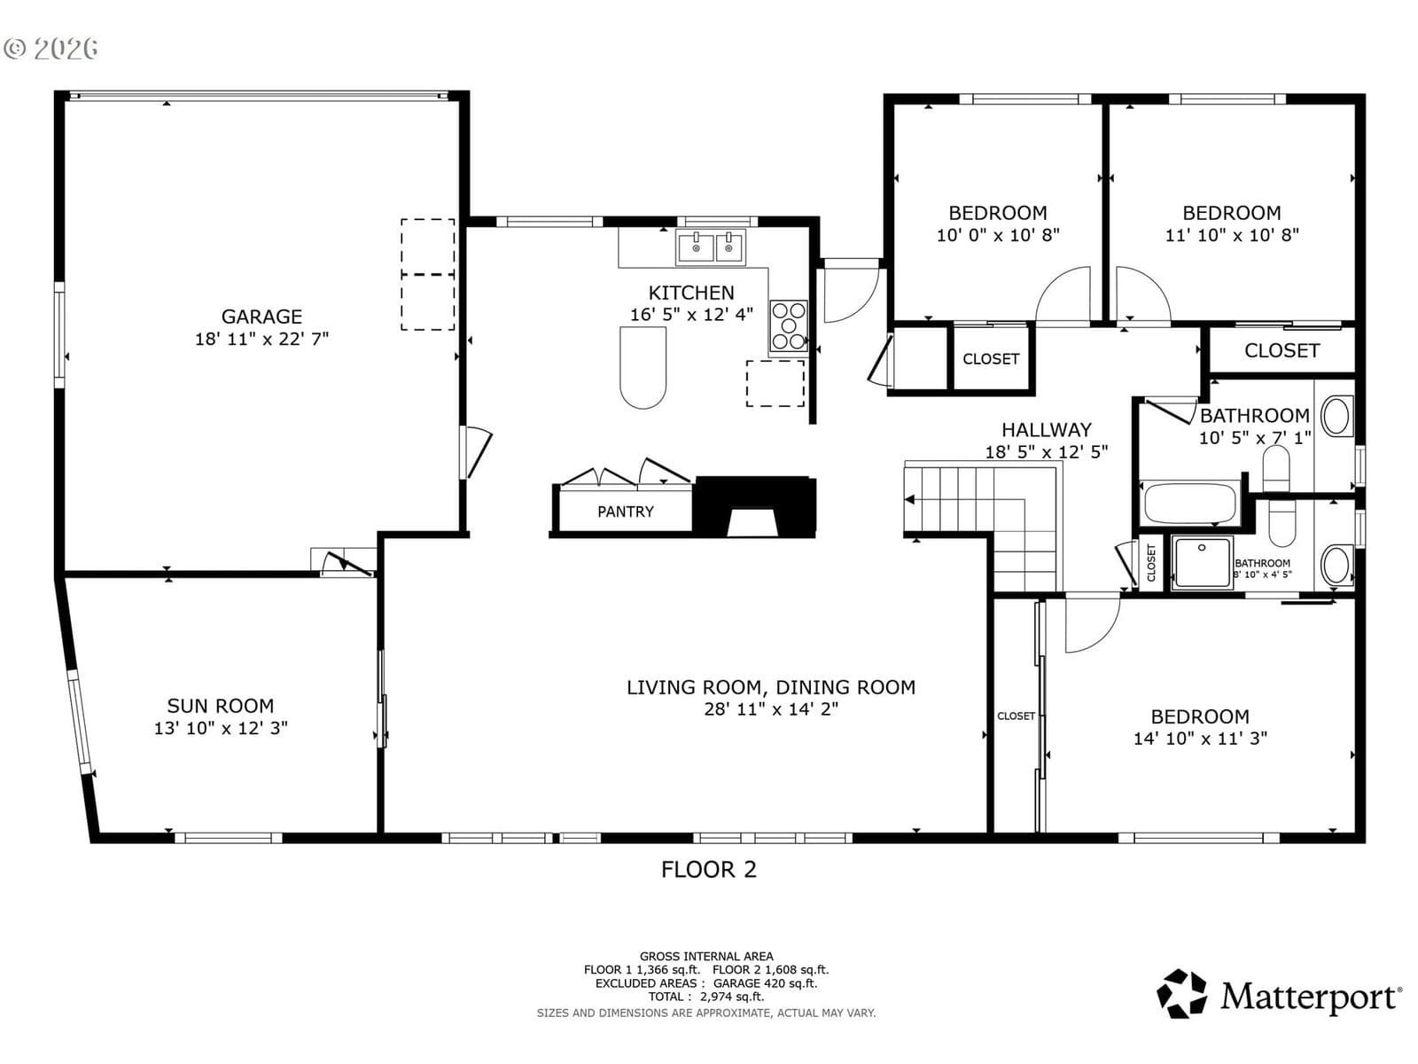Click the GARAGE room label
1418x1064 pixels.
click(261, 317)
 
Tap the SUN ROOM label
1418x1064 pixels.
click(221, 706)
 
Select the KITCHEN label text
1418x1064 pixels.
click(691, 293)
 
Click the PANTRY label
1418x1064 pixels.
click(626, 512)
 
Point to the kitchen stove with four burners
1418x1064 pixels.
click(789, 325)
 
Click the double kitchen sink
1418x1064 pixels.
click(712, 247)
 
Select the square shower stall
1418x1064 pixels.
click(1203, 563)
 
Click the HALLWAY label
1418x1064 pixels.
click(1046, 430)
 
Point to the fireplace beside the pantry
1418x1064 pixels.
click(754, 507)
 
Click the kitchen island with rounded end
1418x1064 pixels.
click(643, 368)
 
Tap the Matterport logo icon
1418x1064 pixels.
click(1181, 994)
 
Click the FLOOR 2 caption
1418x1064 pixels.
click(709, 870)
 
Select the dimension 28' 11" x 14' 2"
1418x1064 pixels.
click(771, 709)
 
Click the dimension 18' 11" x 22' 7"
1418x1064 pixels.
click(261, 339)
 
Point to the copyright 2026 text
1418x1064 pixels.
click(51, 49)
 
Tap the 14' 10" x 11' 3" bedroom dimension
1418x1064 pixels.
click(1200, 739)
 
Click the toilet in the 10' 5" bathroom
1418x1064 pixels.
click(1276, 468)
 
